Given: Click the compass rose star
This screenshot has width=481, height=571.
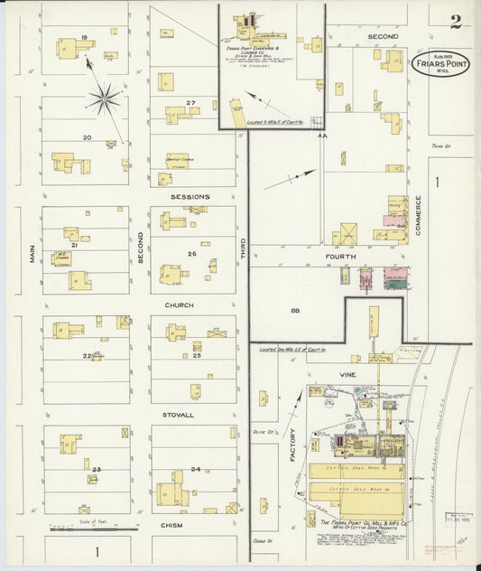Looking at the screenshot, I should tap(105, 98).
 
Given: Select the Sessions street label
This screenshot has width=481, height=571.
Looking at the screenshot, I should tap(190, 196).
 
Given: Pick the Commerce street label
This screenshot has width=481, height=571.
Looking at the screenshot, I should tap(419, 217).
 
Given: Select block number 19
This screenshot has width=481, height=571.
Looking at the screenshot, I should tap(84, 37).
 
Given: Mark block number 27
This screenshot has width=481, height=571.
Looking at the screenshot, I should tap(190, 103).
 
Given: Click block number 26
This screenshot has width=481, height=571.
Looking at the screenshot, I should tap(191, 254).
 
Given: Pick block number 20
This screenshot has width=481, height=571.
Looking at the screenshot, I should tap(87, 137).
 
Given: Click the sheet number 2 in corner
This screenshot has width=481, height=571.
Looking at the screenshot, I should tap(456, 22).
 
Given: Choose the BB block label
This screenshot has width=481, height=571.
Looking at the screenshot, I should tap(294, 311).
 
